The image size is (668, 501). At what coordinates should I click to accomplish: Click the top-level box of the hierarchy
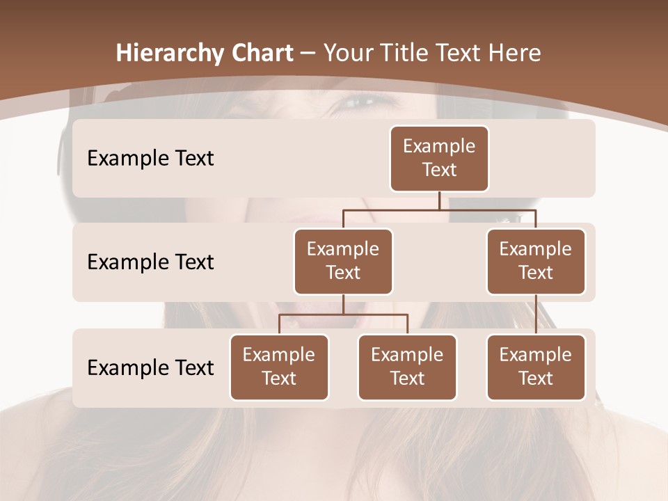pos(439,158)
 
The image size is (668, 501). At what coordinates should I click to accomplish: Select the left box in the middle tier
pos(343,261)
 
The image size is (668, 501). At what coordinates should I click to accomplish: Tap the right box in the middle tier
pos(536,261)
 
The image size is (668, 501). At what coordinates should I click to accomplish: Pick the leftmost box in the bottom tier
pos(279,367)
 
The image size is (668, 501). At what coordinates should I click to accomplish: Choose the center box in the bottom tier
pos(407,367)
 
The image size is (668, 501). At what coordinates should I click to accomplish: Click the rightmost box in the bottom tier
pos(536,367)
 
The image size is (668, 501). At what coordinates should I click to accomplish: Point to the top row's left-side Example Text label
pos(150,159)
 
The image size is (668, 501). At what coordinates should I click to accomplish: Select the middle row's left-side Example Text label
pos(150,262)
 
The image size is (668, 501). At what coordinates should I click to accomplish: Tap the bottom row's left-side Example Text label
pos(150,367)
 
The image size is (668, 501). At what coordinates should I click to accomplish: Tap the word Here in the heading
pos(514,53)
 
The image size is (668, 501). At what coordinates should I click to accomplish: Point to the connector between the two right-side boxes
pos(536,315)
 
